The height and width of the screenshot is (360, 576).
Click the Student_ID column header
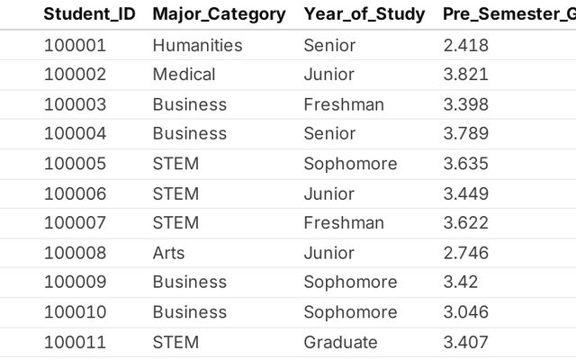tap(90, 14)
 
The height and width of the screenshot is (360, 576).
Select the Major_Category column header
tap(219, 14)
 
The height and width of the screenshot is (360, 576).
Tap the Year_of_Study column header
tap(364, 14)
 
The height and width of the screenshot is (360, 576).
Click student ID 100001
tap(75, 46)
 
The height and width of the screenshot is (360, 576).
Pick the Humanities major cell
tap(198, 46)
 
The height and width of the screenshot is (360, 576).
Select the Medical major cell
tap(184, 75)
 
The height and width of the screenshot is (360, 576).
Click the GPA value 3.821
tap(466, 75)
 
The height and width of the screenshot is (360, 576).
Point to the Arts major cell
tap(168, 253)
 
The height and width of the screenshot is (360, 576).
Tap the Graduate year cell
tap(340, 342)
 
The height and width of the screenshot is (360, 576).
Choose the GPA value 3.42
tap(460, 282)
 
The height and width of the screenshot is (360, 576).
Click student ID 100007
tap(75, 223)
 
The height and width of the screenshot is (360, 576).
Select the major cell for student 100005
tap(175, 164)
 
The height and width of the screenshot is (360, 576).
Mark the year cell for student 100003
tap(344, 104)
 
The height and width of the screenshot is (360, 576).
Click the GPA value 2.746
tap(466, 253)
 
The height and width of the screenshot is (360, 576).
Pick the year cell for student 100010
tap(350, 312)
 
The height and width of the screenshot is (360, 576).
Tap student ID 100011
tap(75, 342)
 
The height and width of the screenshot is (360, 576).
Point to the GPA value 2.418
tap(466, 46)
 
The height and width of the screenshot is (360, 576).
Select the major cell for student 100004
tap(190, 134)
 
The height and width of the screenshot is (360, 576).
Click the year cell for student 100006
tap(329, 194)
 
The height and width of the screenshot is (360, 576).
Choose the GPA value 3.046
tap(466, 312)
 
